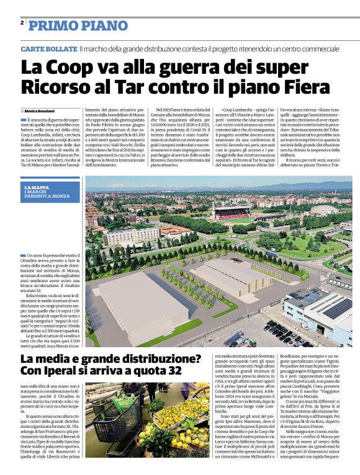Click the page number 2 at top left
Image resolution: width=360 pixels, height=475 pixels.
(22, 23)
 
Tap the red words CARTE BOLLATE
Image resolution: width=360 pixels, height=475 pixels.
(48, 48)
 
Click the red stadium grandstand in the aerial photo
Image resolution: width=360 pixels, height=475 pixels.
(232, 213)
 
